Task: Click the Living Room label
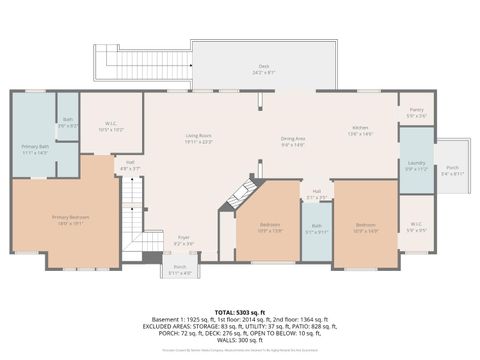point(199,139)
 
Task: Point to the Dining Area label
point(292,141)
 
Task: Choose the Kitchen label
point(359,130)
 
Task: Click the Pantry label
point(416,113)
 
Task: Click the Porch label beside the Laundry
point(452,170)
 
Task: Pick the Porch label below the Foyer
point(180,269)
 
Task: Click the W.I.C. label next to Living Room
point(111,127)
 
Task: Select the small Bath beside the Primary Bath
point(67,125)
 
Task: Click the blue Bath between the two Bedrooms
point(316,229)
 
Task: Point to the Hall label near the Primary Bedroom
point(130,165)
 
